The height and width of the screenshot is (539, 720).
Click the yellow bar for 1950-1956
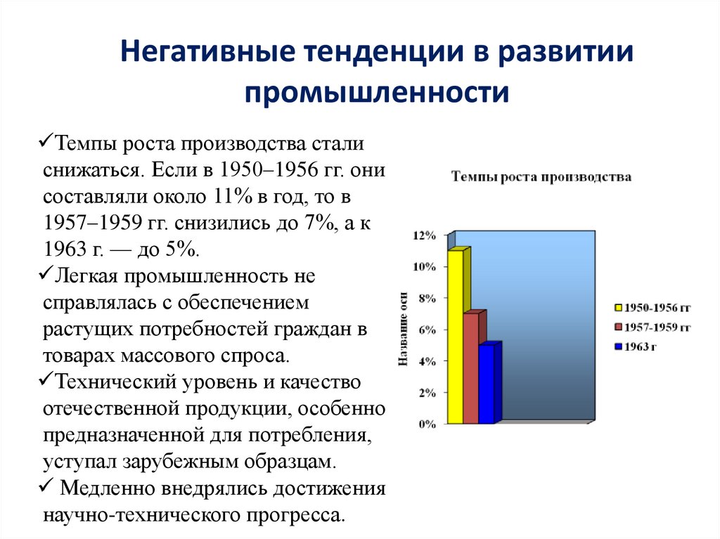click(x=456, y=337)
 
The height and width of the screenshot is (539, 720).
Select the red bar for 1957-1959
click(x=470, y=369)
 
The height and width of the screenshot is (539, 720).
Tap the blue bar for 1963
click(x=486, y=385)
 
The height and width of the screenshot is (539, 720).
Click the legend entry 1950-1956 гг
click(x=652, y=307)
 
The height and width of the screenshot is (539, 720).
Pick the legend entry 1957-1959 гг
click(x=652, y=327)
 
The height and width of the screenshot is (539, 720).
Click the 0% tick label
click(x=427, y=424)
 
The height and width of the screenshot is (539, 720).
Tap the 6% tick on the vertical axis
click(x=427, y=330)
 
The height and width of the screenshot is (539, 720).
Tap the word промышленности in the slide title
click(x=376, y=92)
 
